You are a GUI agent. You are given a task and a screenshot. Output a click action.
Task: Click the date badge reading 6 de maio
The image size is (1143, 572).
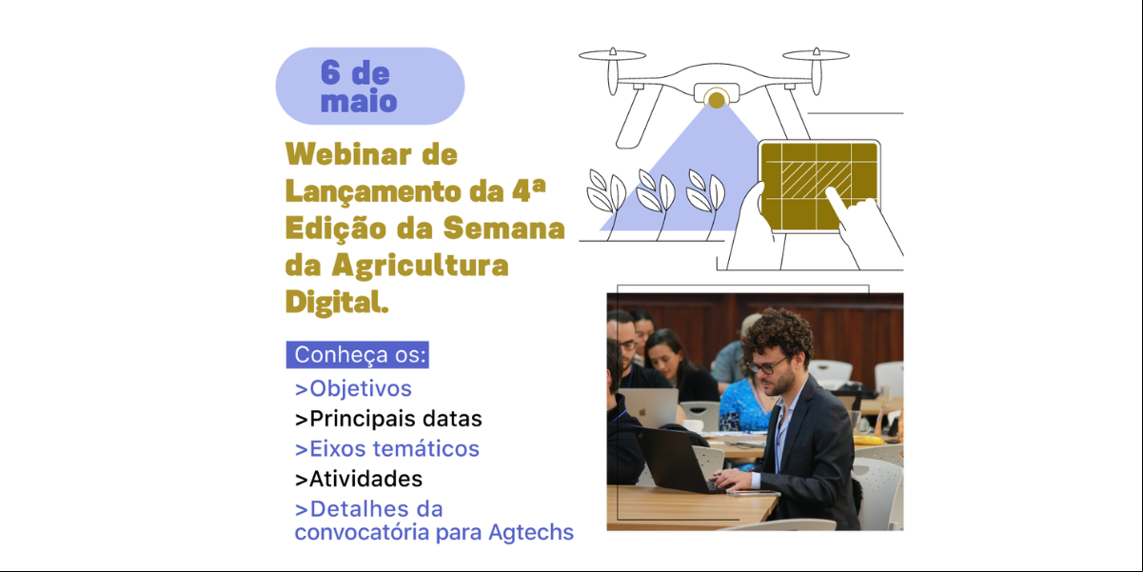click(x=370, y=87)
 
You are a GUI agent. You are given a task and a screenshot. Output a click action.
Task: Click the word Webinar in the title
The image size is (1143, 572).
click(x=348, y=154)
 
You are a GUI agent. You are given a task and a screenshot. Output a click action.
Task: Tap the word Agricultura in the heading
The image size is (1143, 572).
click(x=420, y=266)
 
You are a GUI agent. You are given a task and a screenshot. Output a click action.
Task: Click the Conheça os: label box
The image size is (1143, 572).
click(x=357, y=355)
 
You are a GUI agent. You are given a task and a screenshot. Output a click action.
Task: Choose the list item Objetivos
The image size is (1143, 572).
click(x=353, y=389)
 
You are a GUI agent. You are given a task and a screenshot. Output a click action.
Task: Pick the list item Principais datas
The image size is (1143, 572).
click(x=388, y=419)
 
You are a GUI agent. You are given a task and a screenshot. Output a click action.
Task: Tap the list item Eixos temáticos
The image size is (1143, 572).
click(x=386, y=449)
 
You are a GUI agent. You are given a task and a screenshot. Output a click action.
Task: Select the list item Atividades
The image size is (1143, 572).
click(x=359, y=479)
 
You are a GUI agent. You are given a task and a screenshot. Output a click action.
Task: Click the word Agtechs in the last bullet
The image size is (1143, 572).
click(x=531, y=533)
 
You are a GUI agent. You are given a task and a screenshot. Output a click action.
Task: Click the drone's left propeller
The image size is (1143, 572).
click(x=612, y=54)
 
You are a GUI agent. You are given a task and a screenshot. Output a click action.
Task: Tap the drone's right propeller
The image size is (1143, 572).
click(x=816, y=54)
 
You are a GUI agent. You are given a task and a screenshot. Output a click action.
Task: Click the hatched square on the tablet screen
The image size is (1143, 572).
click(x=816, y=180)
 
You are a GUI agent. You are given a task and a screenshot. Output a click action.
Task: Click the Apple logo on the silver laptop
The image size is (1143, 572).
click(x=643, y=412)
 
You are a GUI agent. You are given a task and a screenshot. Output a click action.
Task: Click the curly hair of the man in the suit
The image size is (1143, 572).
click(x=778, y=330)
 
